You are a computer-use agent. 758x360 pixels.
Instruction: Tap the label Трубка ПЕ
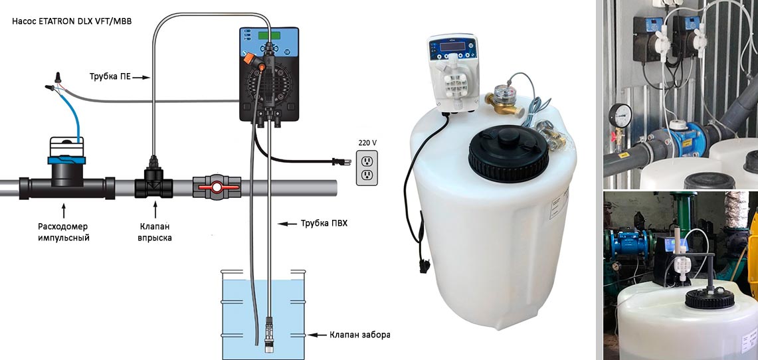point(110,76)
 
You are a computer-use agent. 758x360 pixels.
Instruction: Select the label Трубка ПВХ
point(324,223)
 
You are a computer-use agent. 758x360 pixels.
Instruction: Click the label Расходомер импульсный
point(63,232)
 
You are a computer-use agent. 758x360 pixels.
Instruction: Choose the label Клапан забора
point(359,334)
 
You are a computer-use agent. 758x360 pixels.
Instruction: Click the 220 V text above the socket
point(367,143)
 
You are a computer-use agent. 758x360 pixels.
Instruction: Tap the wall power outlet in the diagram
point(367,167)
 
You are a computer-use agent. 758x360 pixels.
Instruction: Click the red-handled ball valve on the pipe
point(216,187)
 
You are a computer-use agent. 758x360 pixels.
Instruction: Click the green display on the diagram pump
point(269,37)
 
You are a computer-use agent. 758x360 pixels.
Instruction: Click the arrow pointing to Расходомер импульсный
point(63,211)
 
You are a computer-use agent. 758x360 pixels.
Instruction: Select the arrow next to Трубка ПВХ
point(288,224)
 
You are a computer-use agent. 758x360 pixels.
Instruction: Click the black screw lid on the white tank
point(508,153)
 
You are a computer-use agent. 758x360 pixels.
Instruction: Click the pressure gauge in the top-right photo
point(620,116)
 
